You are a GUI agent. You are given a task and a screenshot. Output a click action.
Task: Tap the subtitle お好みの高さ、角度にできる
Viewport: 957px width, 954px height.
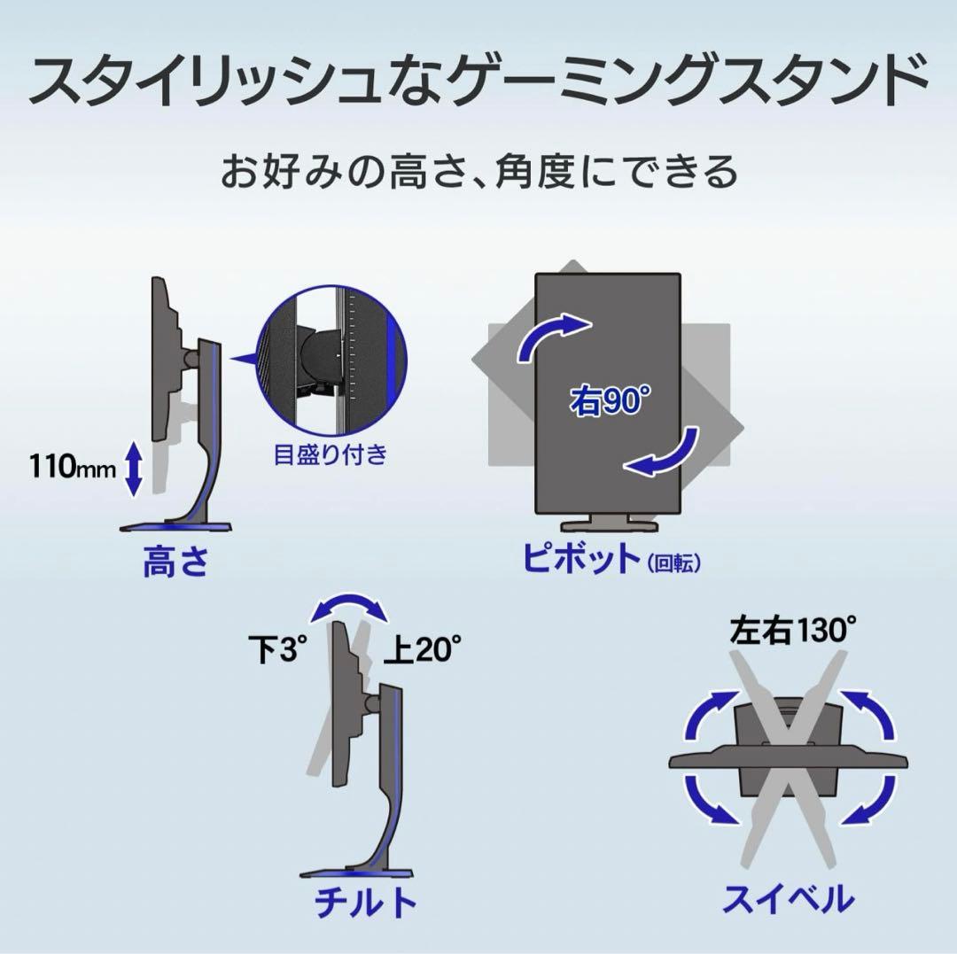point(479,172)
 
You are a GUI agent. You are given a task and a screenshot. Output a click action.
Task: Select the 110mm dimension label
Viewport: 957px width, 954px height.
point(73,468)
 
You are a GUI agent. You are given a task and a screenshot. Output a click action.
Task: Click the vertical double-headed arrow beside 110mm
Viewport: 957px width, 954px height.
point(134,469)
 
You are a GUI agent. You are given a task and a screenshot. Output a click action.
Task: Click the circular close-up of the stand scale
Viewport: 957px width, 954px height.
point(331,360)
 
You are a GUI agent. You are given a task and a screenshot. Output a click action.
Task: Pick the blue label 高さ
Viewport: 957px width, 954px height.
point(176,562)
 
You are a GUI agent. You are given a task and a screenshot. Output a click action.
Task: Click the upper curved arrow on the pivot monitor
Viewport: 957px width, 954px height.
point(549,334)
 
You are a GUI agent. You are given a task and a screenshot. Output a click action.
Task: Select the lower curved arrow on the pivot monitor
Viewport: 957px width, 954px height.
point(668,455)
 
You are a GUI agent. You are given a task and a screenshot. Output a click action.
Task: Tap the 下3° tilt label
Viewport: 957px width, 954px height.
point(276,649)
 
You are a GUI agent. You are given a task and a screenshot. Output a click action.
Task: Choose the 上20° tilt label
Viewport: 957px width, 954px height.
point(422,649)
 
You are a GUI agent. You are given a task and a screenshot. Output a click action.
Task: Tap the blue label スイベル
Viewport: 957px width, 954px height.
point(789,898)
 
